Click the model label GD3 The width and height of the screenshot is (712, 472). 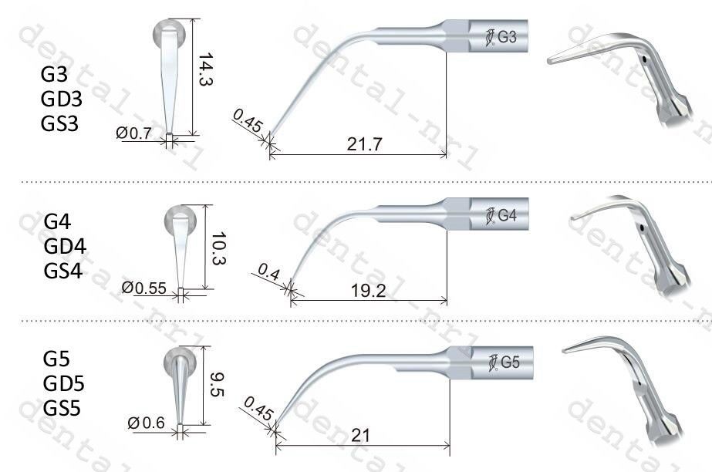(x=61, y=99)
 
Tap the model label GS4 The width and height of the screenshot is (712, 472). (x=63, y=271)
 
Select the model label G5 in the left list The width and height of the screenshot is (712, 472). (x=56, y=359)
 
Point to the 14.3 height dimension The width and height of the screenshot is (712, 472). (x=206, y=69)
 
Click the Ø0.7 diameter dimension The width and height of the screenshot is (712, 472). (x=133, y=133)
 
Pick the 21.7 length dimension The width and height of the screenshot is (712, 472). (x=365, y=144)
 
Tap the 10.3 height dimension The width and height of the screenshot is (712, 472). (x=219, y=248)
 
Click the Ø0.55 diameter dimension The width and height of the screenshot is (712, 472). (x=144, y=288)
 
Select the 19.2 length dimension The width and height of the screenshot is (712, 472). (x=368, y=291)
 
